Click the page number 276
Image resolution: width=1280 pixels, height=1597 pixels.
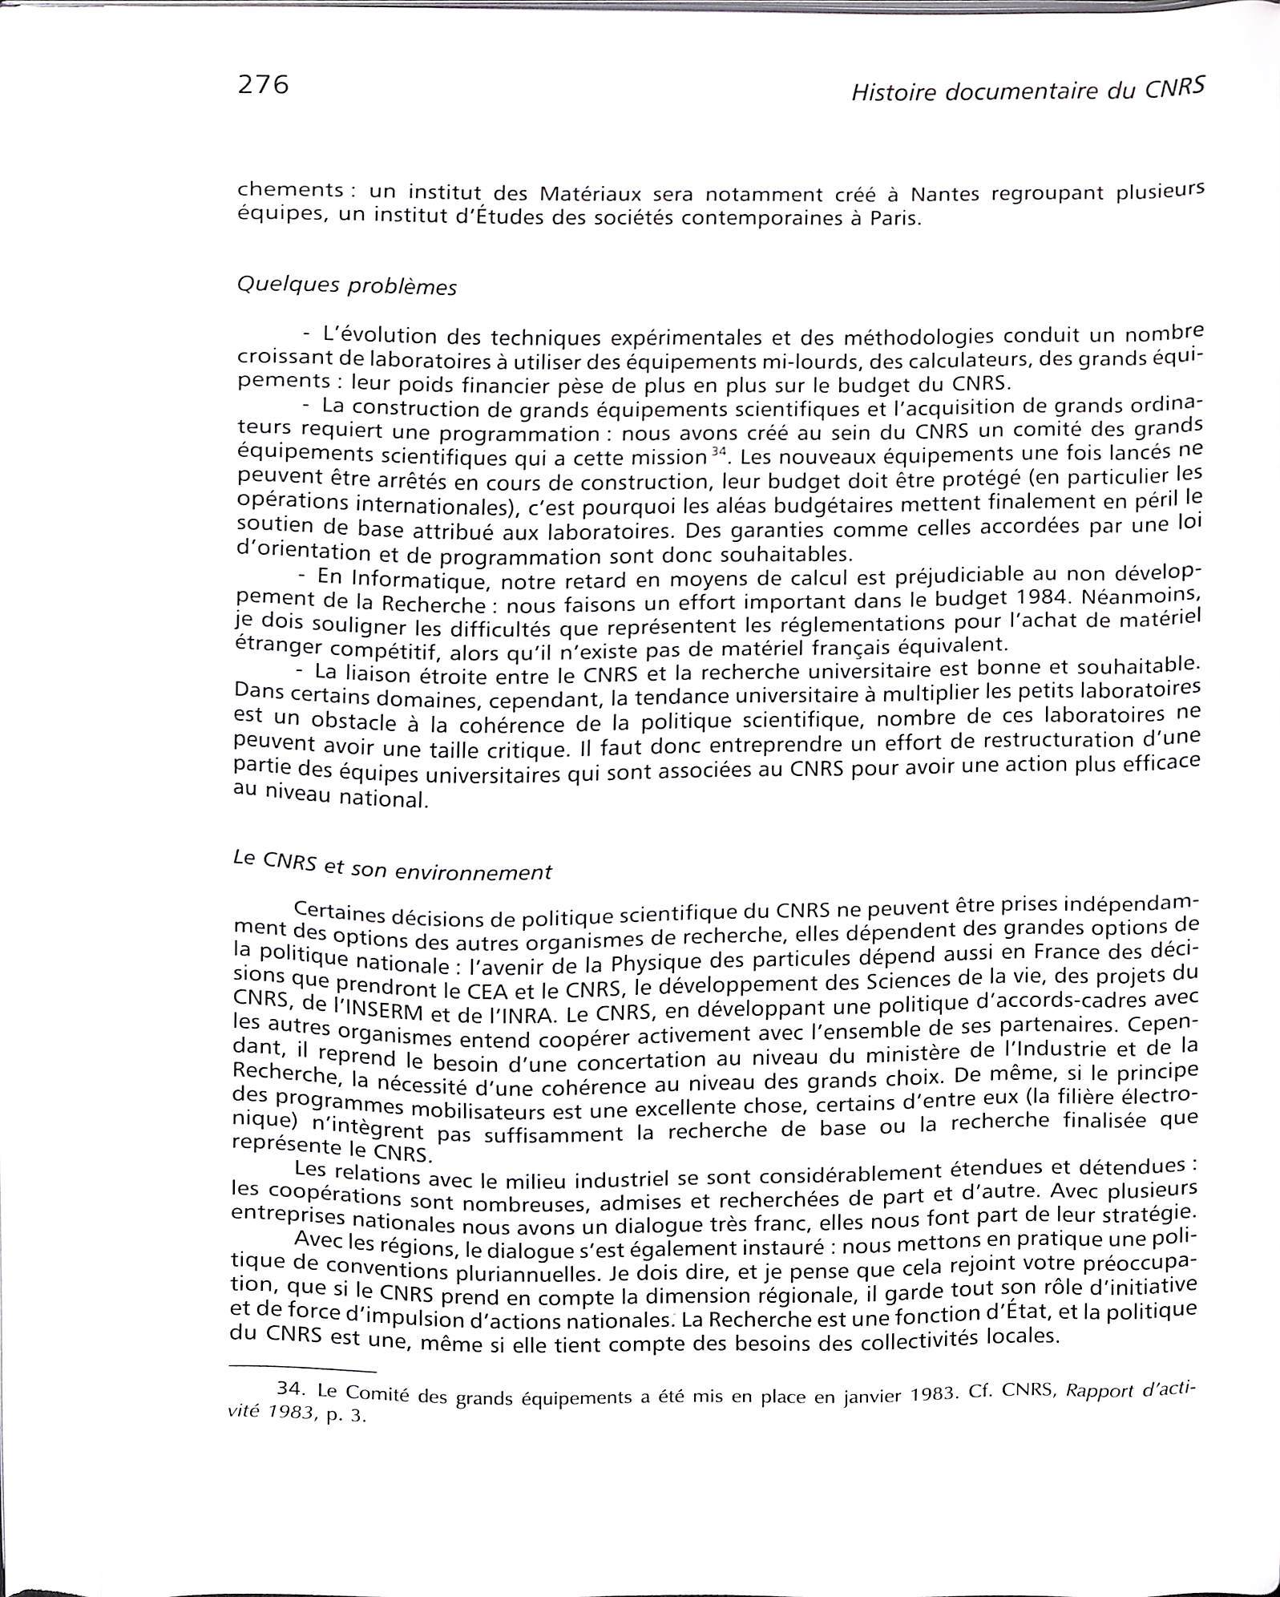click(261, 84)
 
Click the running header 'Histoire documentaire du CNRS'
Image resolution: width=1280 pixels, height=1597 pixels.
click(1028, 91)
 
